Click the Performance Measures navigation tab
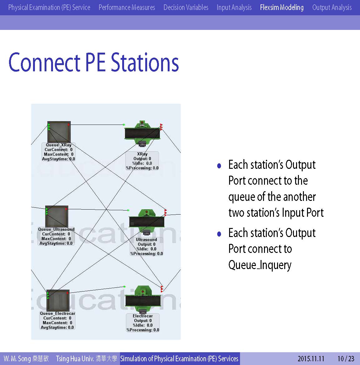(x=127, y=7)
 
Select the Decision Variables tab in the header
(x=186, y=7)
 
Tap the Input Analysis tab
(x=234, y=7)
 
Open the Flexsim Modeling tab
(x=282, y=7)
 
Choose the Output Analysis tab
(x=332, y=7)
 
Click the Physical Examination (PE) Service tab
(x=49, y=7)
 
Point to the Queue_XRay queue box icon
(x=59, y=132)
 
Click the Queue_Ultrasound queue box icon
(x=57, y=216)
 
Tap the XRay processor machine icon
(x=142, y=133)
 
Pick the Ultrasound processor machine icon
(x=146, y=221)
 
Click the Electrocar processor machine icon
(x=143, y=300)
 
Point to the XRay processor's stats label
(x=142, y=161)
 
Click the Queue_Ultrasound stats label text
(x=56, y=236)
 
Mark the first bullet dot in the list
(x=219, y=166)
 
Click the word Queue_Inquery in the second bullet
(x=260, y=265)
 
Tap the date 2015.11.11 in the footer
(x=311, y=359)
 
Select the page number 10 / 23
(x=346, y=359)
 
